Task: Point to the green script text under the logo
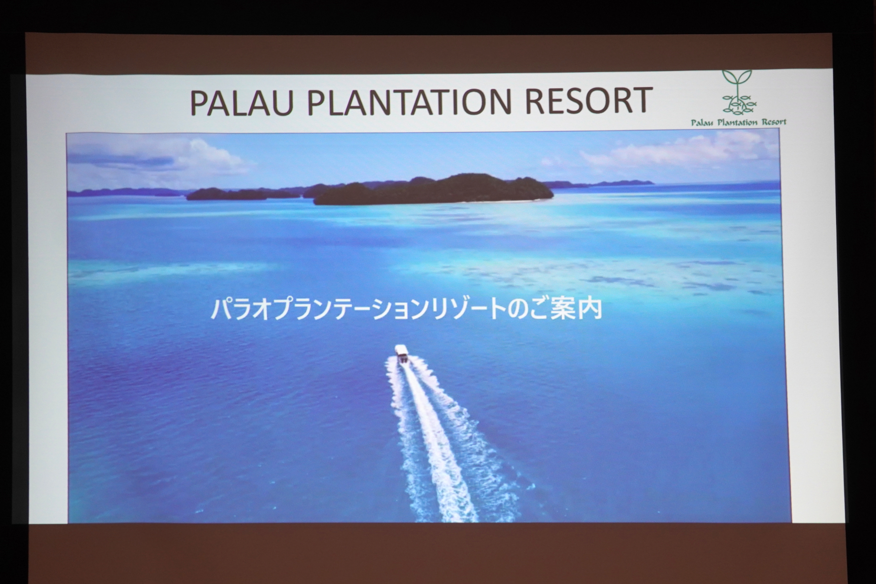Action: click(739, 122)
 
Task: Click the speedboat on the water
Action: click(401, 354)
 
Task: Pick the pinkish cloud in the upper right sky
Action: click(675, 151)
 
